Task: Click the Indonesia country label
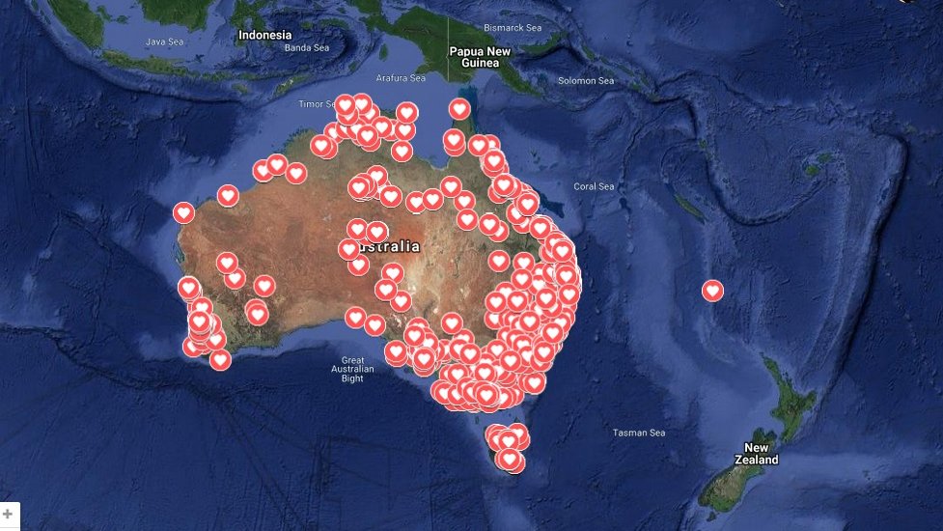pyautogui.click(x=264, y=35)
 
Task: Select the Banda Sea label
pyautogui.click(x=307, y=47)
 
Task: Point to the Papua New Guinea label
pyautogui.click(x=480, y=57)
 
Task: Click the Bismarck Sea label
pyautogui.click(x=514, y=27)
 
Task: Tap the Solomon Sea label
pyautogui.click(x=585, y=80)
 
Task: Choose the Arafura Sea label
pyautogui.click(x=401, y=78)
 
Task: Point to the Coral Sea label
pyautogui.click(x=594, y=186)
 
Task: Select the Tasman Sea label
pyautogui.click(x=639, y=433)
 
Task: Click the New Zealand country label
pyautogui.click(x=757, y=454)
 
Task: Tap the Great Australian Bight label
pyautogui.click(x=352, y=368)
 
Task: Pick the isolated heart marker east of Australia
pyautogui.click(x=712, y=291)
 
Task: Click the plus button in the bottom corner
pyautogui.click(x=9, y=514)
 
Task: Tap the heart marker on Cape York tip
pyautogui.click(x=459, y=109)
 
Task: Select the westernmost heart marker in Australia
pyautogui.click(x=183, y=212)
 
